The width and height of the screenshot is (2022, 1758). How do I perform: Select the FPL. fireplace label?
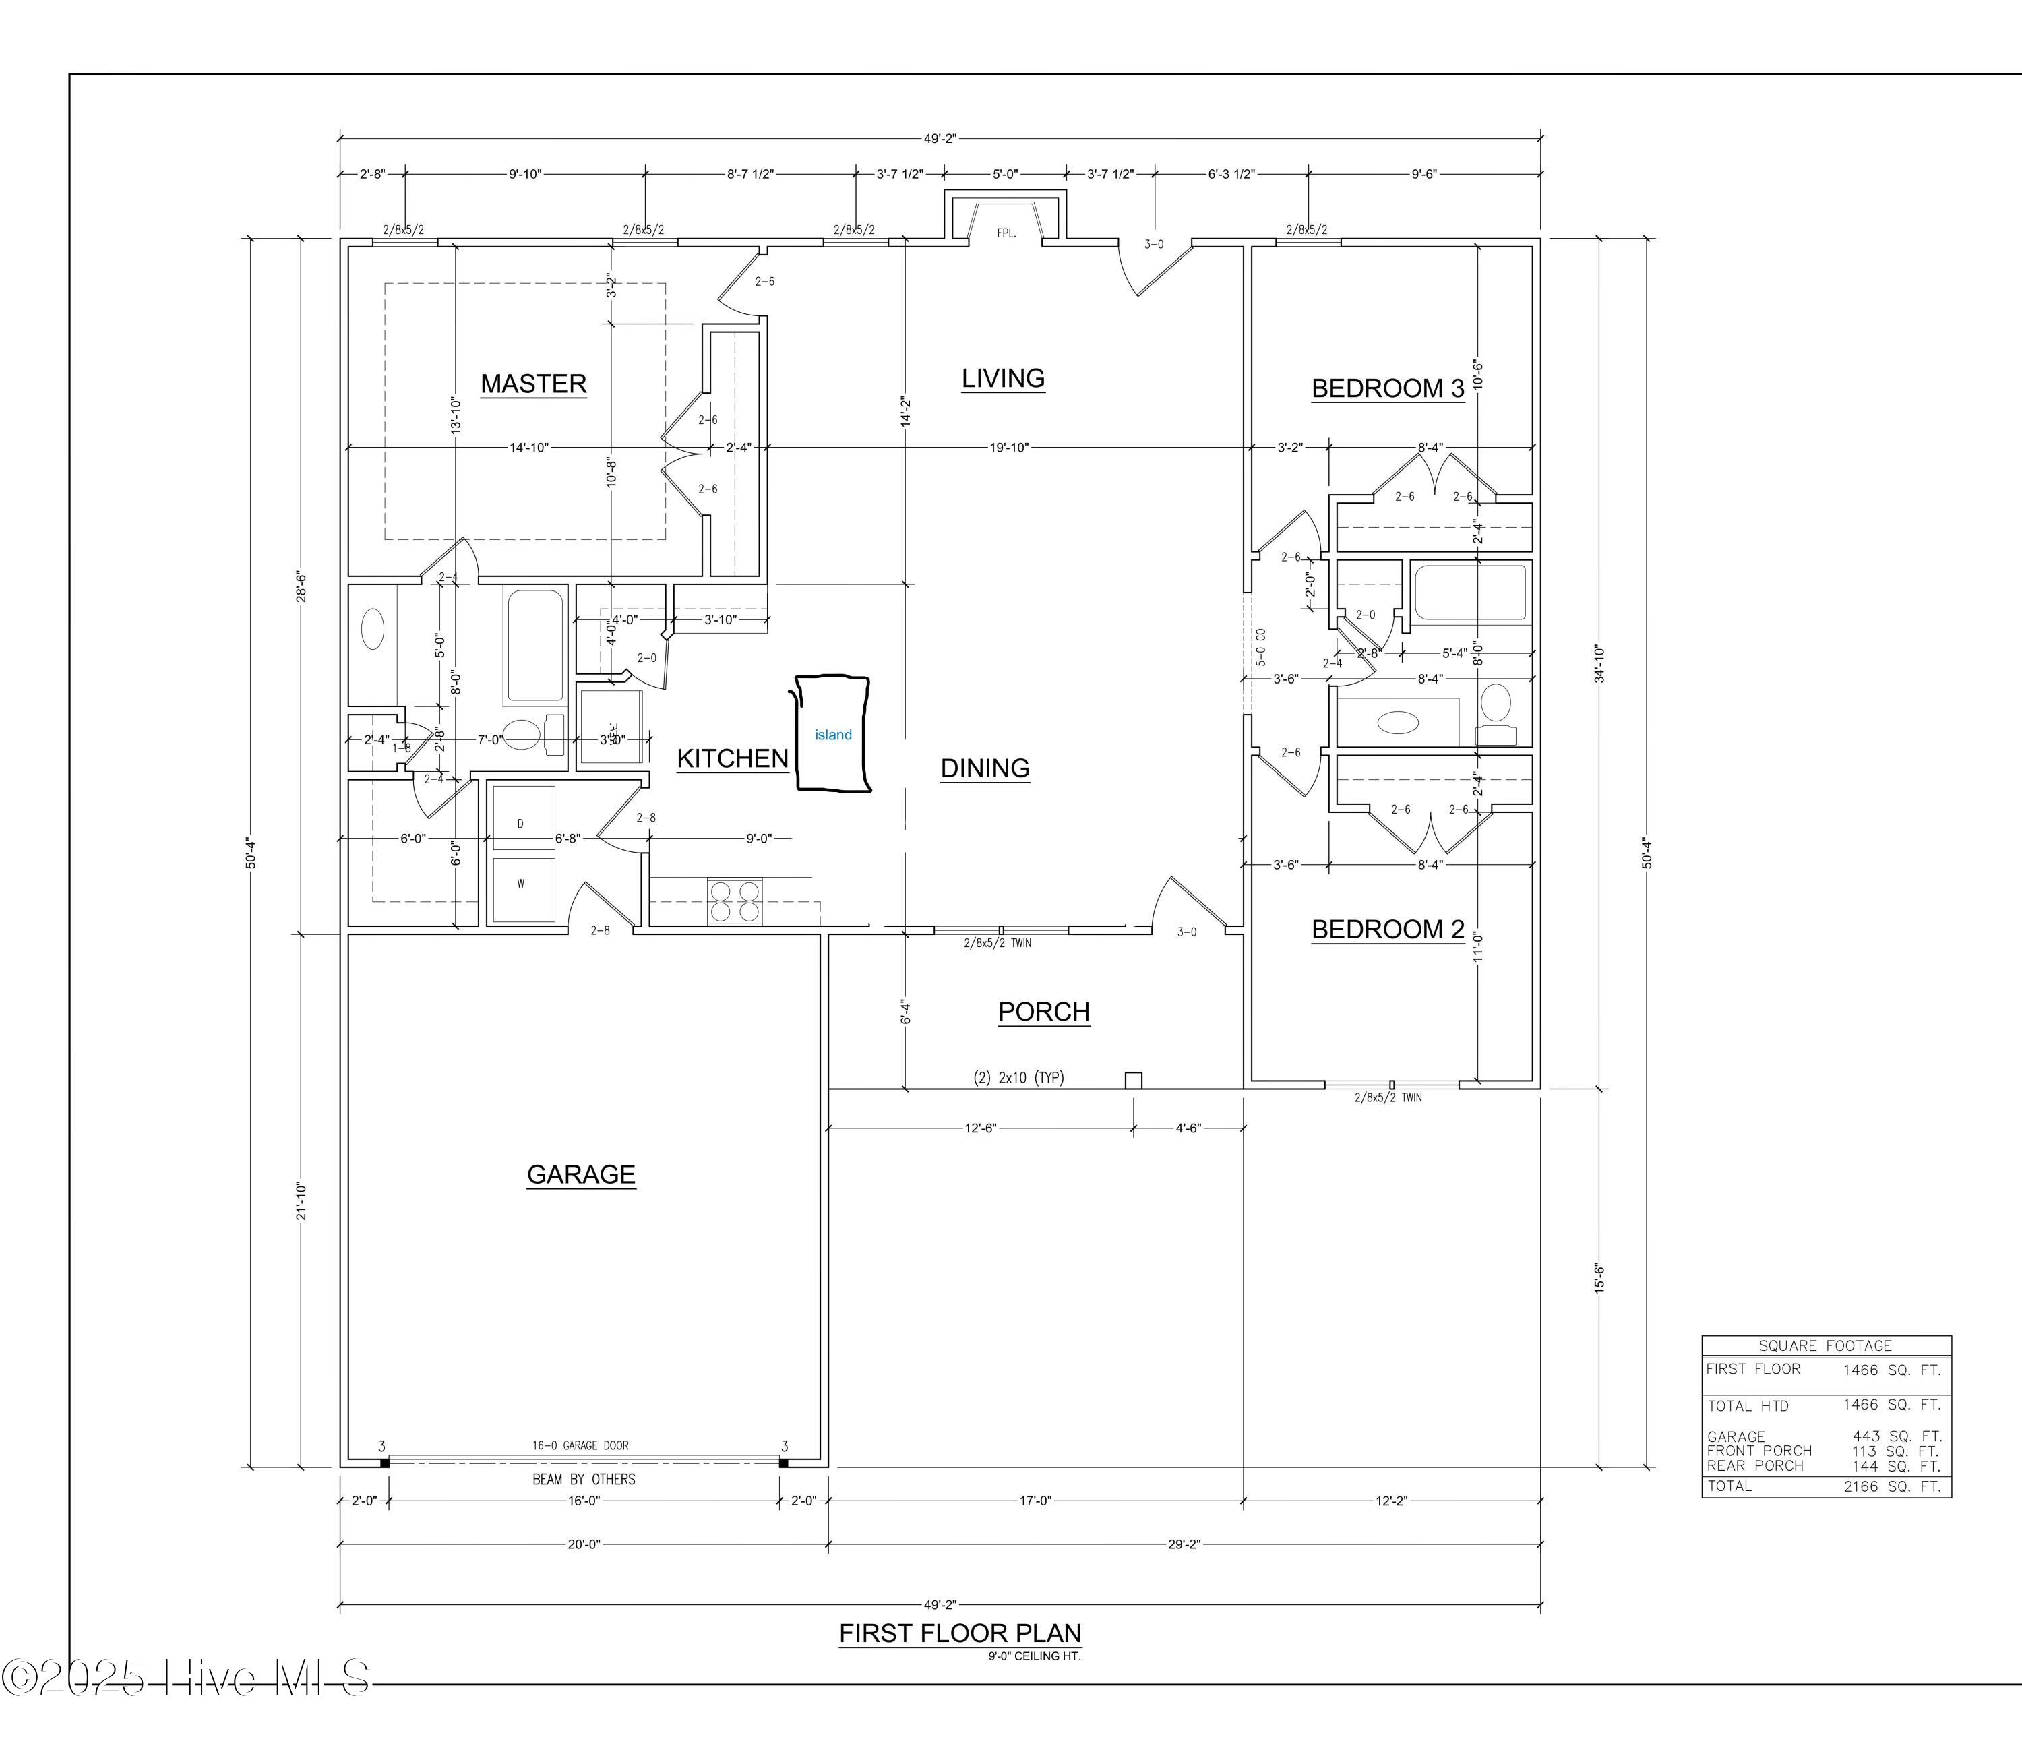tap(1006, 233)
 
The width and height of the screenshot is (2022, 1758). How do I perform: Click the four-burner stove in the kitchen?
tap(735, 901)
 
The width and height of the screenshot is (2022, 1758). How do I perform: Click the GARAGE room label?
tap(581, 1174)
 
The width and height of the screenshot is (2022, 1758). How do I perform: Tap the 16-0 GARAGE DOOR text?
tap(580, 1445)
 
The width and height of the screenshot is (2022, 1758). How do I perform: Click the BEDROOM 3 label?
tap(1387, 388)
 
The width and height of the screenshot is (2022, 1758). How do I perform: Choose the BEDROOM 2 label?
tap(1387, 929)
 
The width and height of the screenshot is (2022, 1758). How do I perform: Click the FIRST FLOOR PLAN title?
tap(960, 1633)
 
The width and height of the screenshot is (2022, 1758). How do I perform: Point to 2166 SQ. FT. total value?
tap(1891, 1486)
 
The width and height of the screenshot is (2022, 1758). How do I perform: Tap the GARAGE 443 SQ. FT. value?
tap(1891, 1436)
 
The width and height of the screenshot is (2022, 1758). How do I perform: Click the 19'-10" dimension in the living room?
tap(1008, 448)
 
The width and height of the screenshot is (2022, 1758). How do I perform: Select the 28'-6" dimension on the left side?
tap(302, 586)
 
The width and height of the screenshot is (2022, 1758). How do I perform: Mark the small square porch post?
tap(1133, 1080)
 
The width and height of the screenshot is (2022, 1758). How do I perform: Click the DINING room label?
tap(984, 768)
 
